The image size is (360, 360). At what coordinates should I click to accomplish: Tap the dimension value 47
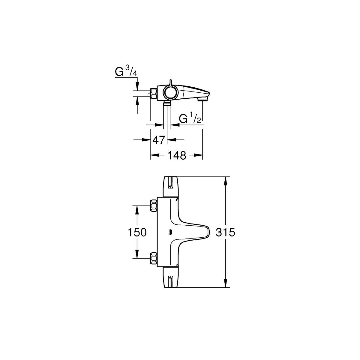[159, 140]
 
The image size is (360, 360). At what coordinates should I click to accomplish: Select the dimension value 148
[177, 155]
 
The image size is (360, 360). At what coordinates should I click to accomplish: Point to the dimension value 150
[137, 232]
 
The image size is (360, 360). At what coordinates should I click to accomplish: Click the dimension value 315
[225, 232]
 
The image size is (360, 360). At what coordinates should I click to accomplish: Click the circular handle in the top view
[170, 92]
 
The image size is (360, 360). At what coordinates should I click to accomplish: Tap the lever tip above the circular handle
[170, 80]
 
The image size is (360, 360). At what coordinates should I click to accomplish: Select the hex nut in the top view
[154, 93]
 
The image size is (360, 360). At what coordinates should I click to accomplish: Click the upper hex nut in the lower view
[154, 205]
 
